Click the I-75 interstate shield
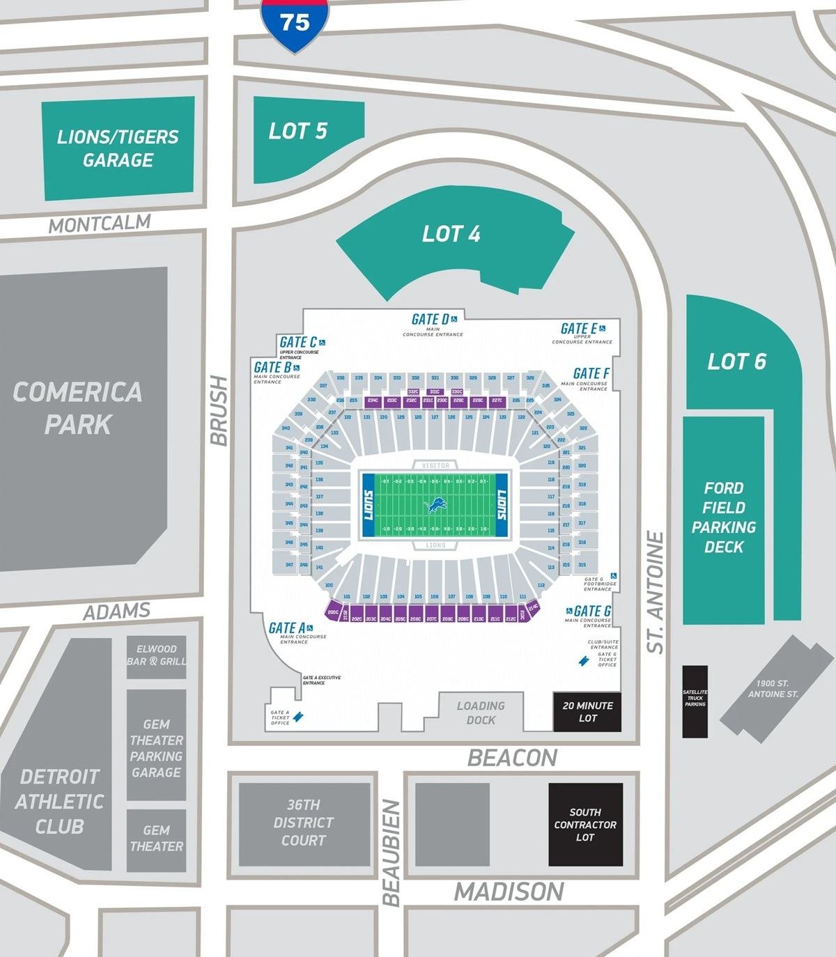(x=295, y=24)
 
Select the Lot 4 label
(x=451, y=234)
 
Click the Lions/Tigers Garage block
(x=118, y=148)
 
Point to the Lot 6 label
(x=736, y=361)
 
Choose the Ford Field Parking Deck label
(x=724, y=518)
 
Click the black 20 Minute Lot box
(x=587, y=712)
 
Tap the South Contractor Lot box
(x=585, y=825)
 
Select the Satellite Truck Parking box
(x=695, y=700)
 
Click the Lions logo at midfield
(x=436, y=505)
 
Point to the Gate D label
(x=430, y=319)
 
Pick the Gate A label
(x=287, y=628)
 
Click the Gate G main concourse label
(x=592, y=612)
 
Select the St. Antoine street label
(x=656, y=592)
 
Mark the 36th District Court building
(x=304, y=823)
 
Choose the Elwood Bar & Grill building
(x=156, y=655)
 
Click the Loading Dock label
(x=481, y=713)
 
